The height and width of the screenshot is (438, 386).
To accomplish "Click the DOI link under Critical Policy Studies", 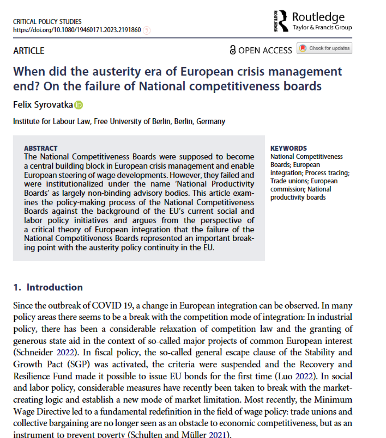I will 77,30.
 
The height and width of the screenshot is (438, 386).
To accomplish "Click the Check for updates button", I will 324,49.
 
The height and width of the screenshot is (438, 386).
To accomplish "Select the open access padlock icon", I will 232,50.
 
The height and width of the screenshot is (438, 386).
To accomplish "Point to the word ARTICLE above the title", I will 29,51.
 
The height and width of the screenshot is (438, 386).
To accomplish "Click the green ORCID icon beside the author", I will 79,105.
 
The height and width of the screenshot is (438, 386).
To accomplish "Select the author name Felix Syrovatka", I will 43,105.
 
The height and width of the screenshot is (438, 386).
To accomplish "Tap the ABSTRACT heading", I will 41,148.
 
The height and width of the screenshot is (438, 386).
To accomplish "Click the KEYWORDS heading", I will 289,148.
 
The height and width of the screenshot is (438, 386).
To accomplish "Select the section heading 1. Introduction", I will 48,287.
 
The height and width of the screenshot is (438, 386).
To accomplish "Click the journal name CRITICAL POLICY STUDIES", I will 47,22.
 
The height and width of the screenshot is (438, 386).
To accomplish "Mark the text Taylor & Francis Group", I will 322,27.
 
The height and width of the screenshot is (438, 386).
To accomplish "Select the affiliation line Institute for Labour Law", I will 119,121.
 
